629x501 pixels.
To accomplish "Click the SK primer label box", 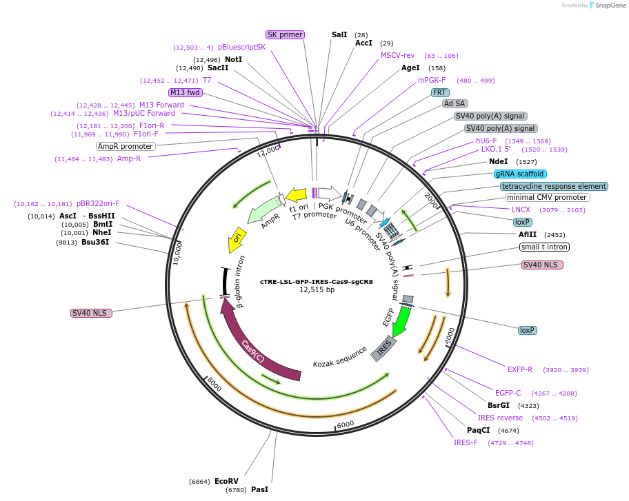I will (x=285, y=34).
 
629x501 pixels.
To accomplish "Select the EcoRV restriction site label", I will (x=226, y=481).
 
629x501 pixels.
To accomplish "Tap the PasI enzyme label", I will (x=259, y=489).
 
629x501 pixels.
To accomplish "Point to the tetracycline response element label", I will (x=555, y=186).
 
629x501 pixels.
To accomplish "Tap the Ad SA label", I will (x=455, y=104).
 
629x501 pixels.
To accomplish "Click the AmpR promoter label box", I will (x=126, y=146).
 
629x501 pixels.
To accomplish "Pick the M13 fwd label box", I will (x=185, y=92).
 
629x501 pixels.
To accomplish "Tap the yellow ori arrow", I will (x=236, y=240).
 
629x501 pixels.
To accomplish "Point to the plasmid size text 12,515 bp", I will (x=317, y=290).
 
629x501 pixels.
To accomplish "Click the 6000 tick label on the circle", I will (x=345, y=424).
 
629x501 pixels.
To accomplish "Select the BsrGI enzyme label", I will (x=499, y=405).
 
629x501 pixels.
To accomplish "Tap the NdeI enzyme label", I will (x=498, y=161).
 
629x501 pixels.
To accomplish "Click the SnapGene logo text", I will (x=607, y=6).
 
